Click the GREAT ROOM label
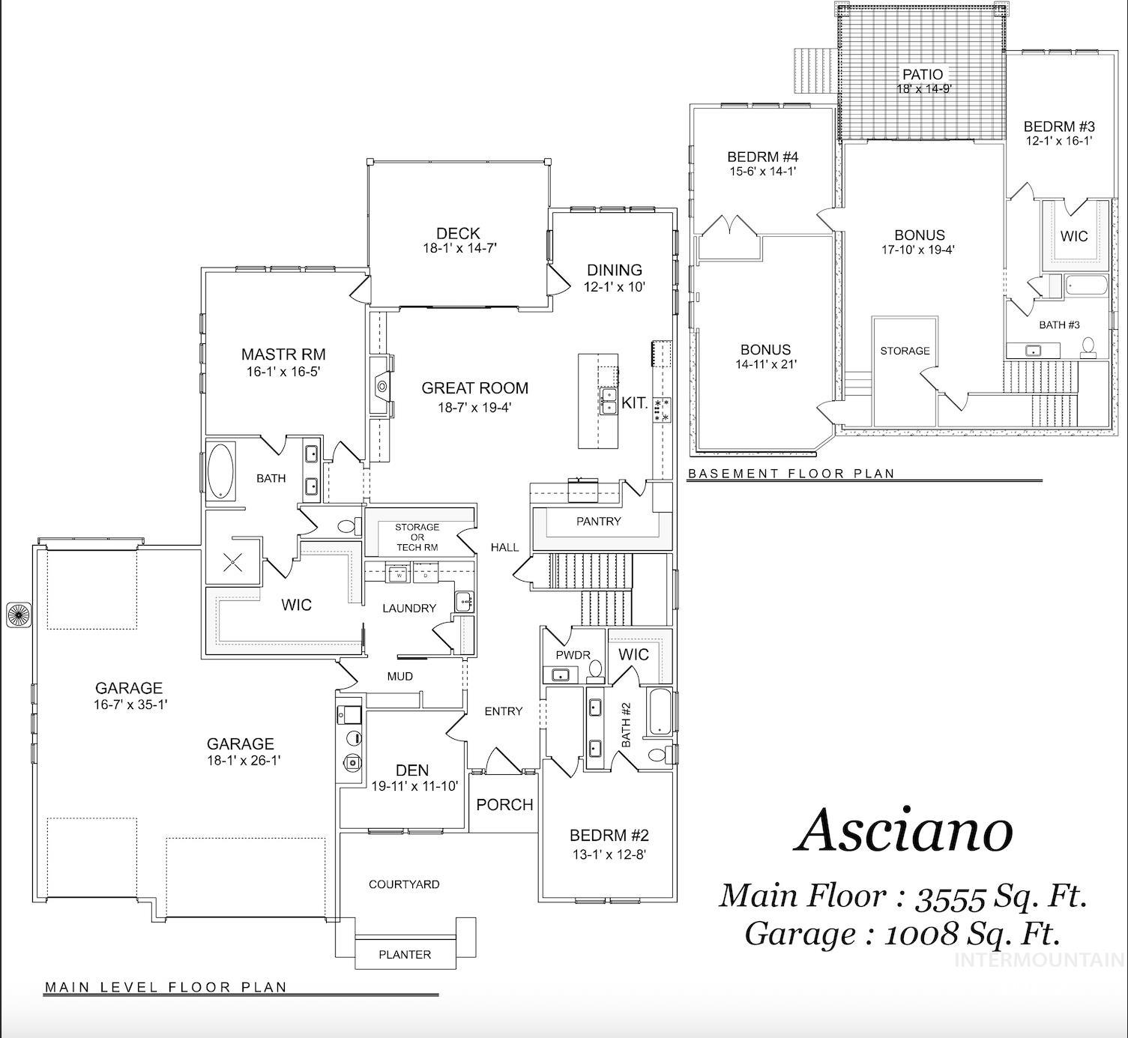[474, 388]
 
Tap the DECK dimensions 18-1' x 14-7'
[458, 248]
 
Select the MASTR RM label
[283, 354]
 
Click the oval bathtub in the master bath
[220, 471]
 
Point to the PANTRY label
[598, 521]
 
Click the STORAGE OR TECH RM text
[417, 537]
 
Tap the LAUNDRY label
[408, 608]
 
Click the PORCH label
[504, 804]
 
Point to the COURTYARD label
[404, 884]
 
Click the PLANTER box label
[405, 954]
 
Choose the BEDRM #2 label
[609, 836]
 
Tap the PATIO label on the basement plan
[923, 74]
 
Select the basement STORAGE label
[905, 351]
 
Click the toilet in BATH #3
[1088, 346]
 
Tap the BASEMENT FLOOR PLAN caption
[791, 473]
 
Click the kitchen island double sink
[608, 401]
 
